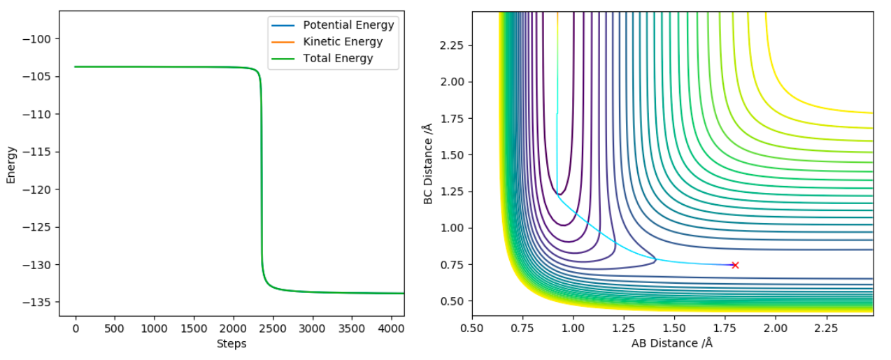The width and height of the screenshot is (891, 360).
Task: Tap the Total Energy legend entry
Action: coord(332,59)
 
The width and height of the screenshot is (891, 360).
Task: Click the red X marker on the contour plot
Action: coord(735,265)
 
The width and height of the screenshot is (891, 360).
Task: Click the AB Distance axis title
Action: coord(672,344)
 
